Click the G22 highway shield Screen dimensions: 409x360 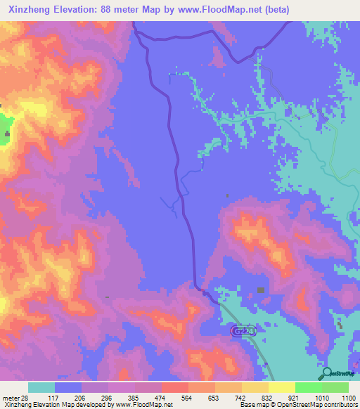tap(240, 330)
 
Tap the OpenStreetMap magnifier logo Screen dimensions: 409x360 tap(326, 372)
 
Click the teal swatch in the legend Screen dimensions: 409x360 tap(41, 387)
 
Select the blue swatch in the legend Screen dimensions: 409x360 tap(68, 387)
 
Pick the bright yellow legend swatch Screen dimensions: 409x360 tap(282, 387)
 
